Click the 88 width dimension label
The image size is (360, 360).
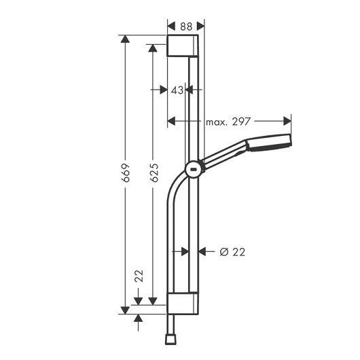point(186,26)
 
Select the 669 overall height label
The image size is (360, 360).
point(126,173)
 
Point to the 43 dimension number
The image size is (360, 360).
point(177,90)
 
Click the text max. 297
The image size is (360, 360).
point(228,122)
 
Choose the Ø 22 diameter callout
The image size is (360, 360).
point(232,252)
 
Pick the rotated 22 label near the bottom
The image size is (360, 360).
point(139,276)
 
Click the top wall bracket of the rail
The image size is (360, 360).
point(183,46)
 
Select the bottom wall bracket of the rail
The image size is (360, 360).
point(183,304)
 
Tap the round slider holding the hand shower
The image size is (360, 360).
point(194,169)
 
